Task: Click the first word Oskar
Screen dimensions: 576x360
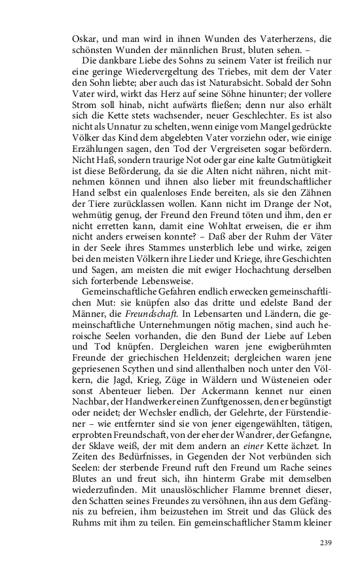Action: pos(84,39)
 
